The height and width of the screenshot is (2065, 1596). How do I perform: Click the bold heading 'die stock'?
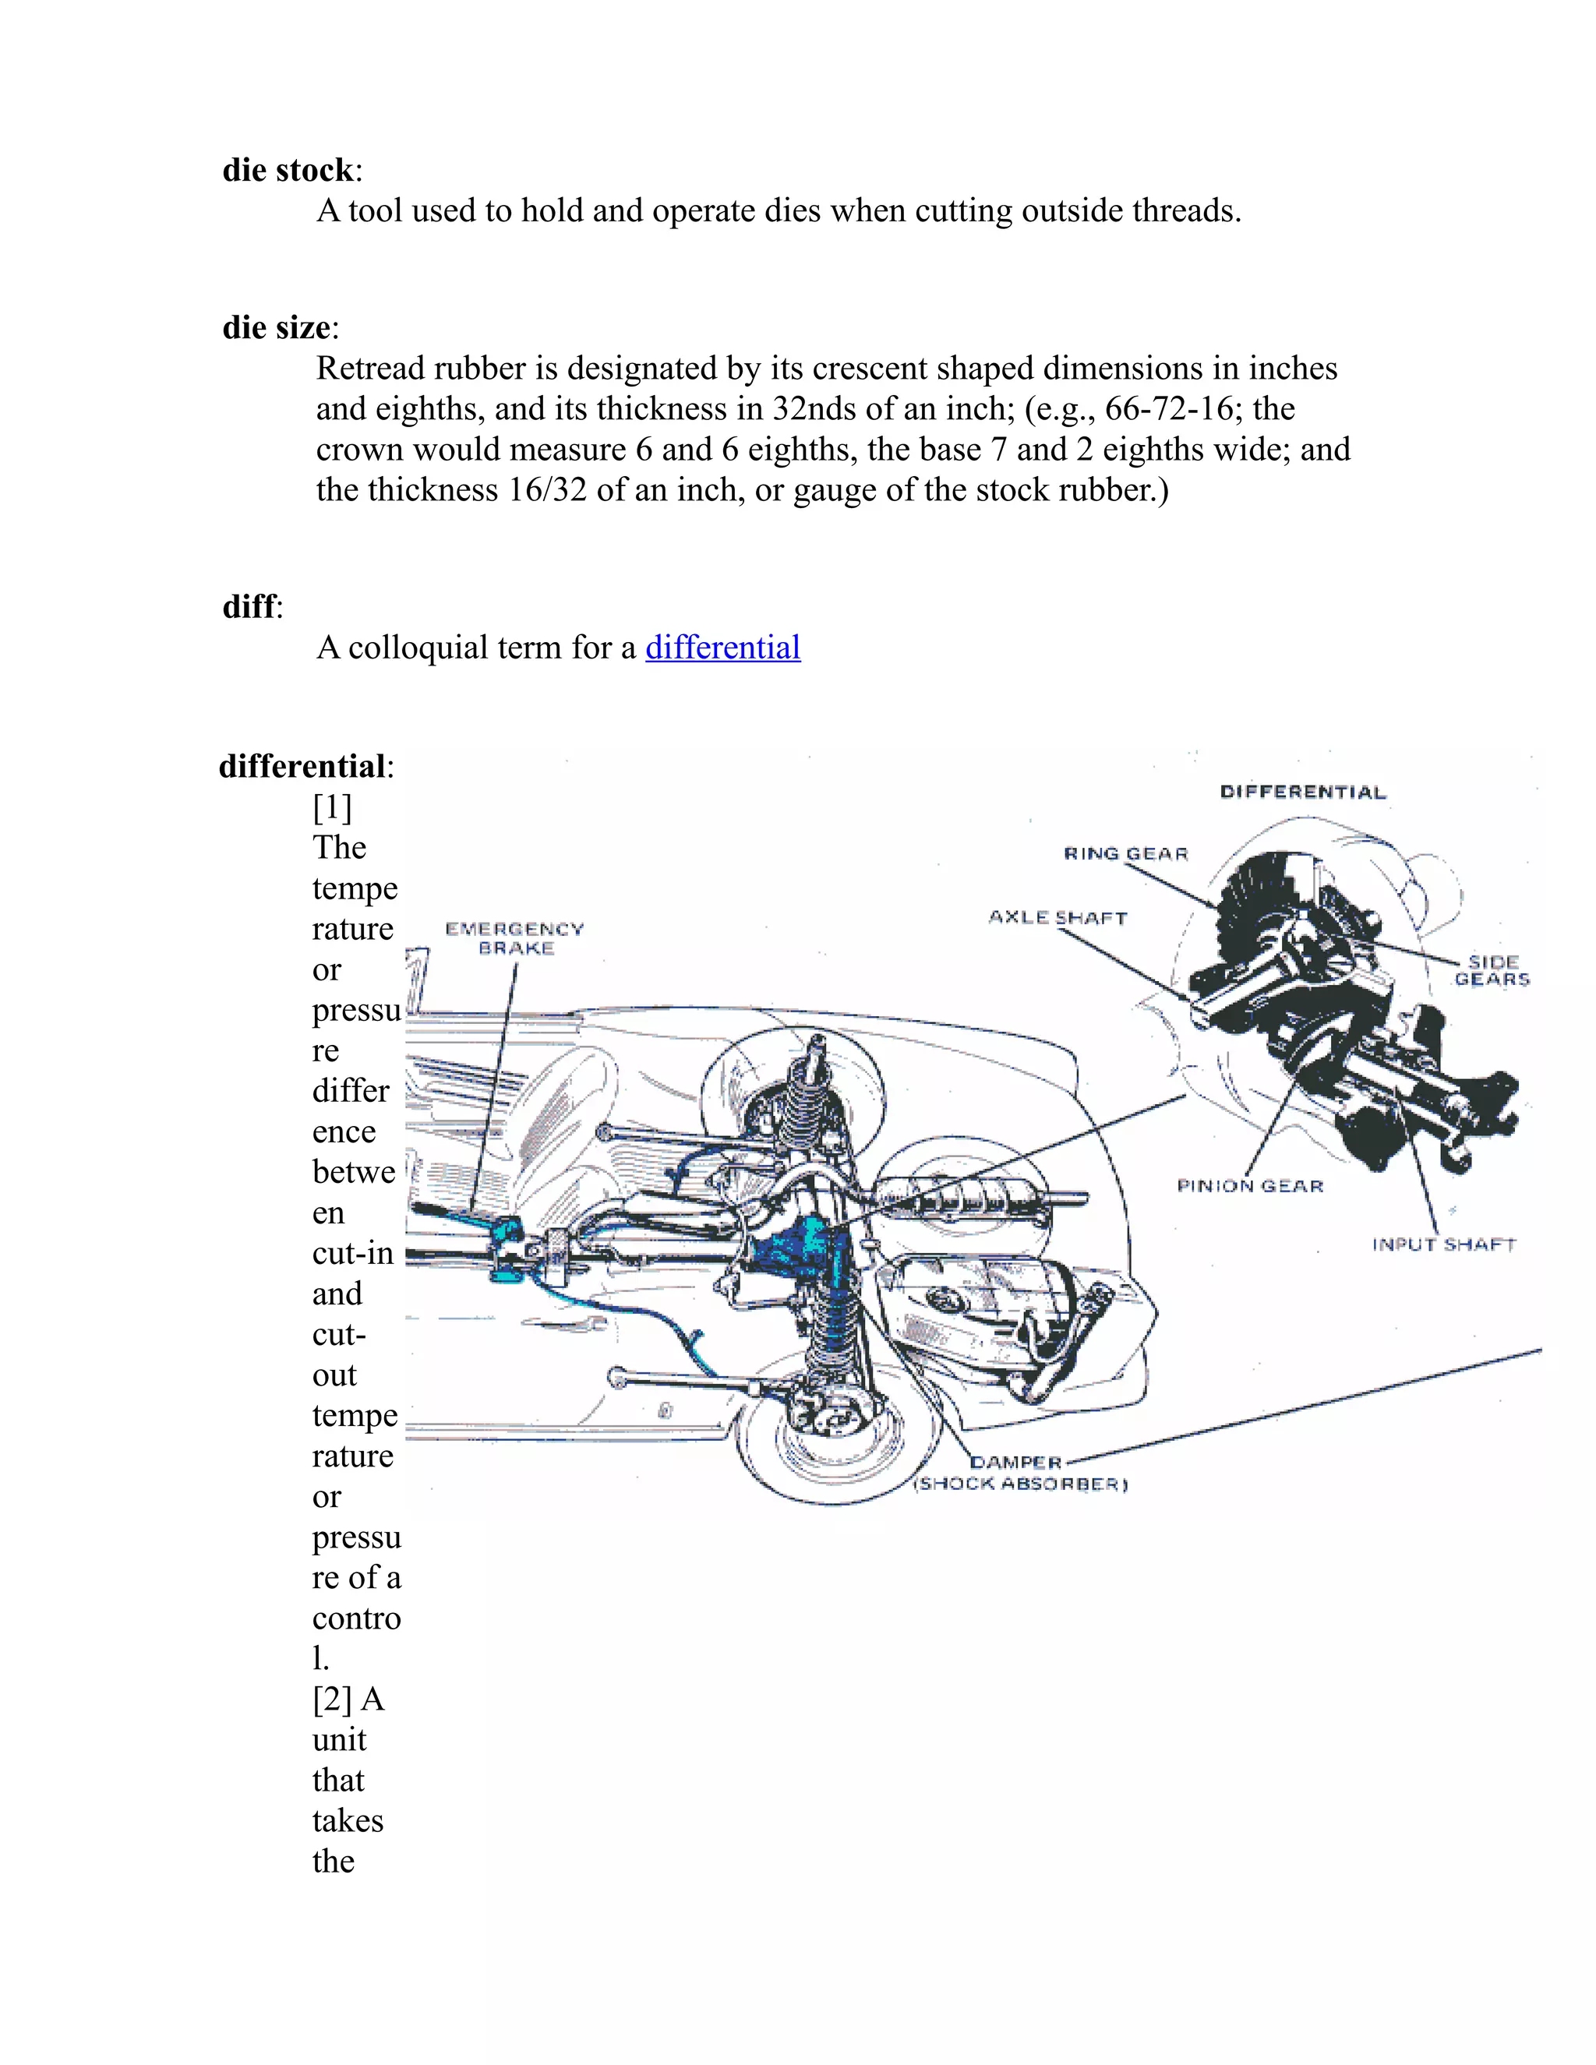[x=288, y=170]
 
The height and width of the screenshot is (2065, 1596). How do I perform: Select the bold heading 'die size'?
[x=276, y=327]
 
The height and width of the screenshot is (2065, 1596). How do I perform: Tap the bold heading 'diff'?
[x=249, y=606]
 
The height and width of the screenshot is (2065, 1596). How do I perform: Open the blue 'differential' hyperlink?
[x=722, y=648]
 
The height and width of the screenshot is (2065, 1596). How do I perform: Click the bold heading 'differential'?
[x=302, y=766]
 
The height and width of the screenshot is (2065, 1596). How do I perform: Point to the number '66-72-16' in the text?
[x=1174, y=408]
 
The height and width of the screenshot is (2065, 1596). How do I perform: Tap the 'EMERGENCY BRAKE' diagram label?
[x=514, y=938]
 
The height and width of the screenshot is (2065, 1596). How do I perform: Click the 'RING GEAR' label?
[x=1125, y=854]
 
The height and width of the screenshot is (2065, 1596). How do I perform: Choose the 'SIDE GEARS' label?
[x=1492, y=970]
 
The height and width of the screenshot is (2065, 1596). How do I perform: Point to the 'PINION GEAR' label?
[x=1250, y=1186]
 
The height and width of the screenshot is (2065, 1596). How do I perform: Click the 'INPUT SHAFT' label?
[x=1444, y=1244]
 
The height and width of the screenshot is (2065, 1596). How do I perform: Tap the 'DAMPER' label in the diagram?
[x=1015, y=1462]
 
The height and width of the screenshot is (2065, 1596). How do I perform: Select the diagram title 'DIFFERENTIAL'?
[x=1303, y=792]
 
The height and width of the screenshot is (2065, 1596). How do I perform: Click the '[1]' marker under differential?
[x=332, y=807]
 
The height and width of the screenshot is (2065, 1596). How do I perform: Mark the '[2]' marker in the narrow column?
[x=332, y=1699]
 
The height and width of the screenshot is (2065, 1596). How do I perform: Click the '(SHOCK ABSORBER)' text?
[x=1021, y=1484]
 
